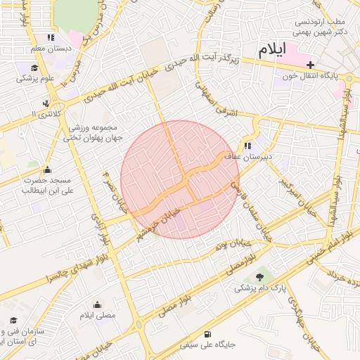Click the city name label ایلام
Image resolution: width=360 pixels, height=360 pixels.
(274, 50)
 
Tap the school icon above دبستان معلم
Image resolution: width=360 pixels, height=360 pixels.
(50, 37)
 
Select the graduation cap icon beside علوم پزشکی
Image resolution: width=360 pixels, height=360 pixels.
(34, 67)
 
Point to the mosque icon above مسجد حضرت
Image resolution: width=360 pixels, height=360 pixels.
(47, 169)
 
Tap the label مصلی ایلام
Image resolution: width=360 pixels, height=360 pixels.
(97, 316)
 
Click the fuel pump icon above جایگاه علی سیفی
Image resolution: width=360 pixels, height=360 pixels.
(206, 334)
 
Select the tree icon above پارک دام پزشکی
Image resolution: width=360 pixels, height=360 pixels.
(259, 276)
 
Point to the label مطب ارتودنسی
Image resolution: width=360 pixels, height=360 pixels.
(322, 21)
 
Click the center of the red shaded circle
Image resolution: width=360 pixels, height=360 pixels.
(180, 180)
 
